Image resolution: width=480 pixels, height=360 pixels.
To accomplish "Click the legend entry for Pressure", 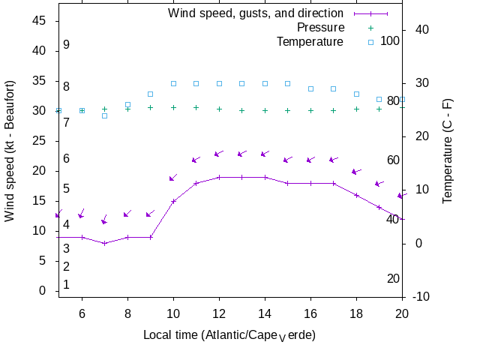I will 310,28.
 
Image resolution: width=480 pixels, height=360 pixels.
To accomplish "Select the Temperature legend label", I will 310,41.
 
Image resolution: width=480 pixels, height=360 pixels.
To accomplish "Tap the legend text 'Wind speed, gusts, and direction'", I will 256,13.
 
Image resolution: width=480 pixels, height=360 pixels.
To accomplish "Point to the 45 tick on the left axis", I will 39,21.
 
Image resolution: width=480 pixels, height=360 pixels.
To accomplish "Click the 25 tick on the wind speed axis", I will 39,141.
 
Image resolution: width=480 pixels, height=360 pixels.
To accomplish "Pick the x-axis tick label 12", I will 219,313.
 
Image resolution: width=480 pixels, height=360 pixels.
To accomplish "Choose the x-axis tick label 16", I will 310,313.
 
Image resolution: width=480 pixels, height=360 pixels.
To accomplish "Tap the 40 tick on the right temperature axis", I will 422,29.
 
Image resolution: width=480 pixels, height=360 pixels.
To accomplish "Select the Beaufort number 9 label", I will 66,45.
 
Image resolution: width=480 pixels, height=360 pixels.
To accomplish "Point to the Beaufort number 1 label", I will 66,285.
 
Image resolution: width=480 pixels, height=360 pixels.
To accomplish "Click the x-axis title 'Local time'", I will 229,334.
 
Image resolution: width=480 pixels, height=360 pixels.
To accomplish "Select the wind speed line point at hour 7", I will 105,243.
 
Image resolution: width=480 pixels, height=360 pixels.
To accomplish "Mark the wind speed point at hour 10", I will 173,201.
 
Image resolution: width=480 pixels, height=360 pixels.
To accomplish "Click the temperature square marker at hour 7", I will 105,115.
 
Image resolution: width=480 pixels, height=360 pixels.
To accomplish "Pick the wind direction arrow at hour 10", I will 173,178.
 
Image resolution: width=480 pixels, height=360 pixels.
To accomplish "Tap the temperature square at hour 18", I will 356,94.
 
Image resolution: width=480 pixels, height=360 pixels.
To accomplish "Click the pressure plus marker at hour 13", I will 242,110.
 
